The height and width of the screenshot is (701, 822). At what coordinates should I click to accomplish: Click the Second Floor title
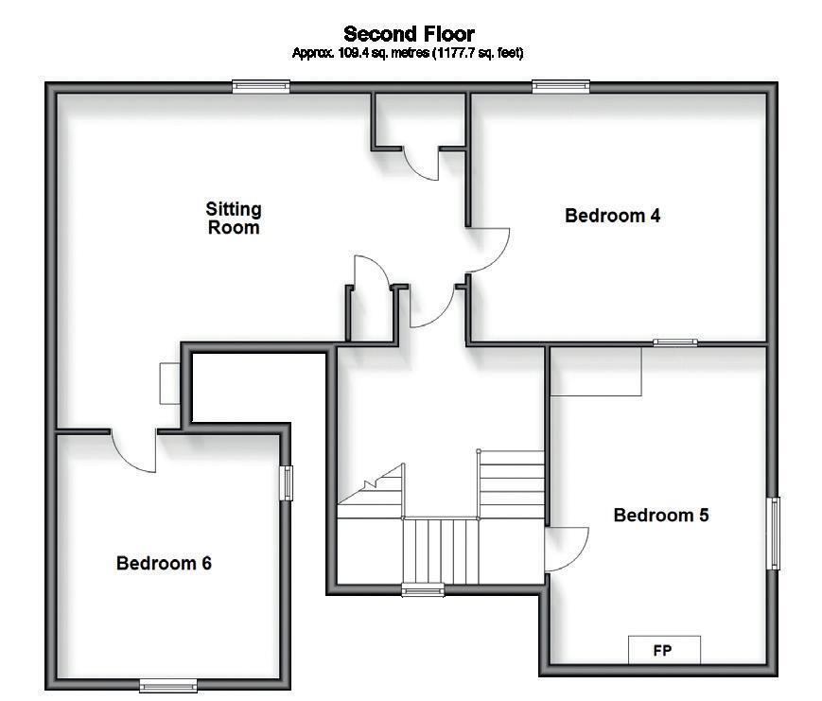pos(409,35)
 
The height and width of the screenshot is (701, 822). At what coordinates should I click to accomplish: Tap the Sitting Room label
pos(234,218)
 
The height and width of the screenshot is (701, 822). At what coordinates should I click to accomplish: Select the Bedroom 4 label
pos(612,216)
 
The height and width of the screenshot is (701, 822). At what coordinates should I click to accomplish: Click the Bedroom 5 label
pos(661,516)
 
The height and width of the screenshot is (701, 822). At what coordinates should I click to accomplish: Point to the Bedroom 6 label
pos(164,564)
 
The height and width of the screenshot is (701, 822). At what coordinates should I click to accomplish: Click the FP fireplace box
pos(664,651)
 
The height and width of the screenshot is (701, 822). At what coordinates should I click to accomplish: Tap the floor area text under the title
pos(409,54)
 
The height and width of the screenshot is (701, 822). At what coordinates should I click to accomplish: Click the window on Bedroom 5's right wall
pos(774,534)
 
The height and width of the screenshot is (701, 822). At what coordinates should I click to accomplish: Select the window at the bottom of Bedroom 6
pos(168,685)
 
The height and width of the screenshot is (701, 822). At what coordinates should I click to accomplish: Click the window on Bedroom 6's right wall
pos(286,482)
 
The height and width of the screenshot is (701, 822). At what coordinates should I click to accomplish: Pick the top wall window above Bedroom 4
pos(561,86)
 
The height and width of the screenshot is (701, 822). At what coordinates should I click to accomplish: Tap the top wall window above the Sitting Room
pos(260,86)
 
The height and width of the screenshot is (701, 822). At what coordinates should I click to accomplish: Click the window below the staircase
pos(423,591)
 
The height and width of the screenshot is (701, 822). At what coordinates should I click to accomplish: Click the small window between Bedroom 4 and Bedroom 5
pos(675,342)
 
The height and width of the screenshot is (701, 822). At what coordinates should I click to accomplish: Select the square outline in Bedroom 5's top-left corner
pos(596,371)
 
